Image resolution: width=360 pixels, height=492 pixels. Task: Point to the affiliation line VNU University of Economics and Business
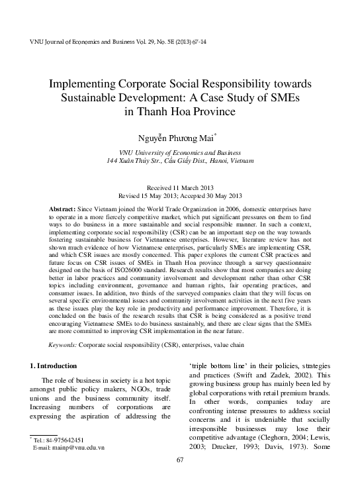[180, 151]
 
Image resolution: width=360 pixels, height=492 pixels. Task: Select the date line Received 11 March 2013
[180, 187]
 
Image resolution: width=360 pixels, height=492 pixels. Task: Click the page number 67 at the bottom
[180, 479]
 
